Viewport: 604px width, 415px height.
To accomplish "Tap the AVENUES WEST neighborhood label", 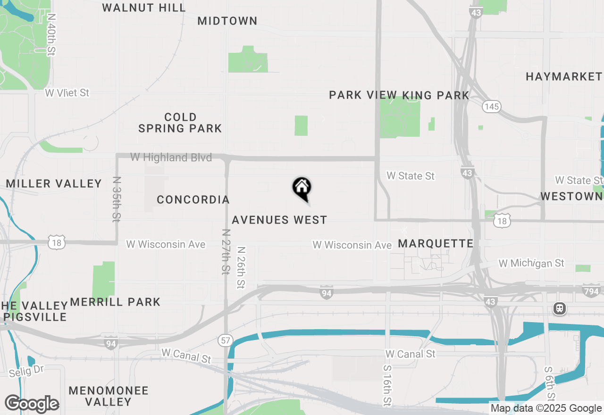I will coord(279,220).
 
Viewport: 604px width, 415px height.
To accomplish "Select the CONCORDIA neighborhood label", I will coord(193,199).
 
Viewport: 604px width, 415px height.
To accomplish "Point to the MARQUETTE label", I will coord(436,243).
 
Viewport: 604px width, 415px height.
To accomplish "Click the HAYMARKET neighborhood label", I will coord(564,76).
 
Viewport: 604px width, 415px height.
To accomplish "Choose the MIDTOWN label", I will coord(227,21).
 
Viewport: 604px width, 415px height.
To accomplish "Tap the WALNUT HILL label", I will coord(144,8).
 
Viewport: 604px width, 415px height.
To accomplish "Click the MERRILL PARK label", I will coord(115,302).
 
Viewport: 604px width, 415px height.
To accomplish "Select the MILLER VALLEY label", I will coord(54,183).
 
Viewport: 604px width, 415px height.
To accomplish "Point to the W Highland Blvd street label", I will coord(171,158).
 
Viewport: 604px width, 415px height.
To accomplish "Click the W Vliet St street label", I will coord(67,93).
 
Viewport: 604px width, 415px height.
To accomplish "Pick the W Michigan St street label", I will coord(531,263).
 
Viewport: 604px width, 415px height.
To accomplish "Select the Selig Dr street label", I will coord(26,371).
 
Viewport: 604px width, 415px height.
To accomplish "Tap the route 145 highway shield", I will coord(491,107).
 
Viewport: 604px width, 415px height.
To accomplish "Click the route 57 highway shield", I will coord(225,340).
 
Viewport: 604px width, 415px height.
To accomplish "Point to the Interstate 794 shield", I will coord(590,291).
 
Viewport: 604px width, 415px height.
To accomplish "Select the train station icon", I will coord(560,309).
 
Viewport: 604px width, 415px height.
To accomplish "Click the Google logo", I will coord(32,404).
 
